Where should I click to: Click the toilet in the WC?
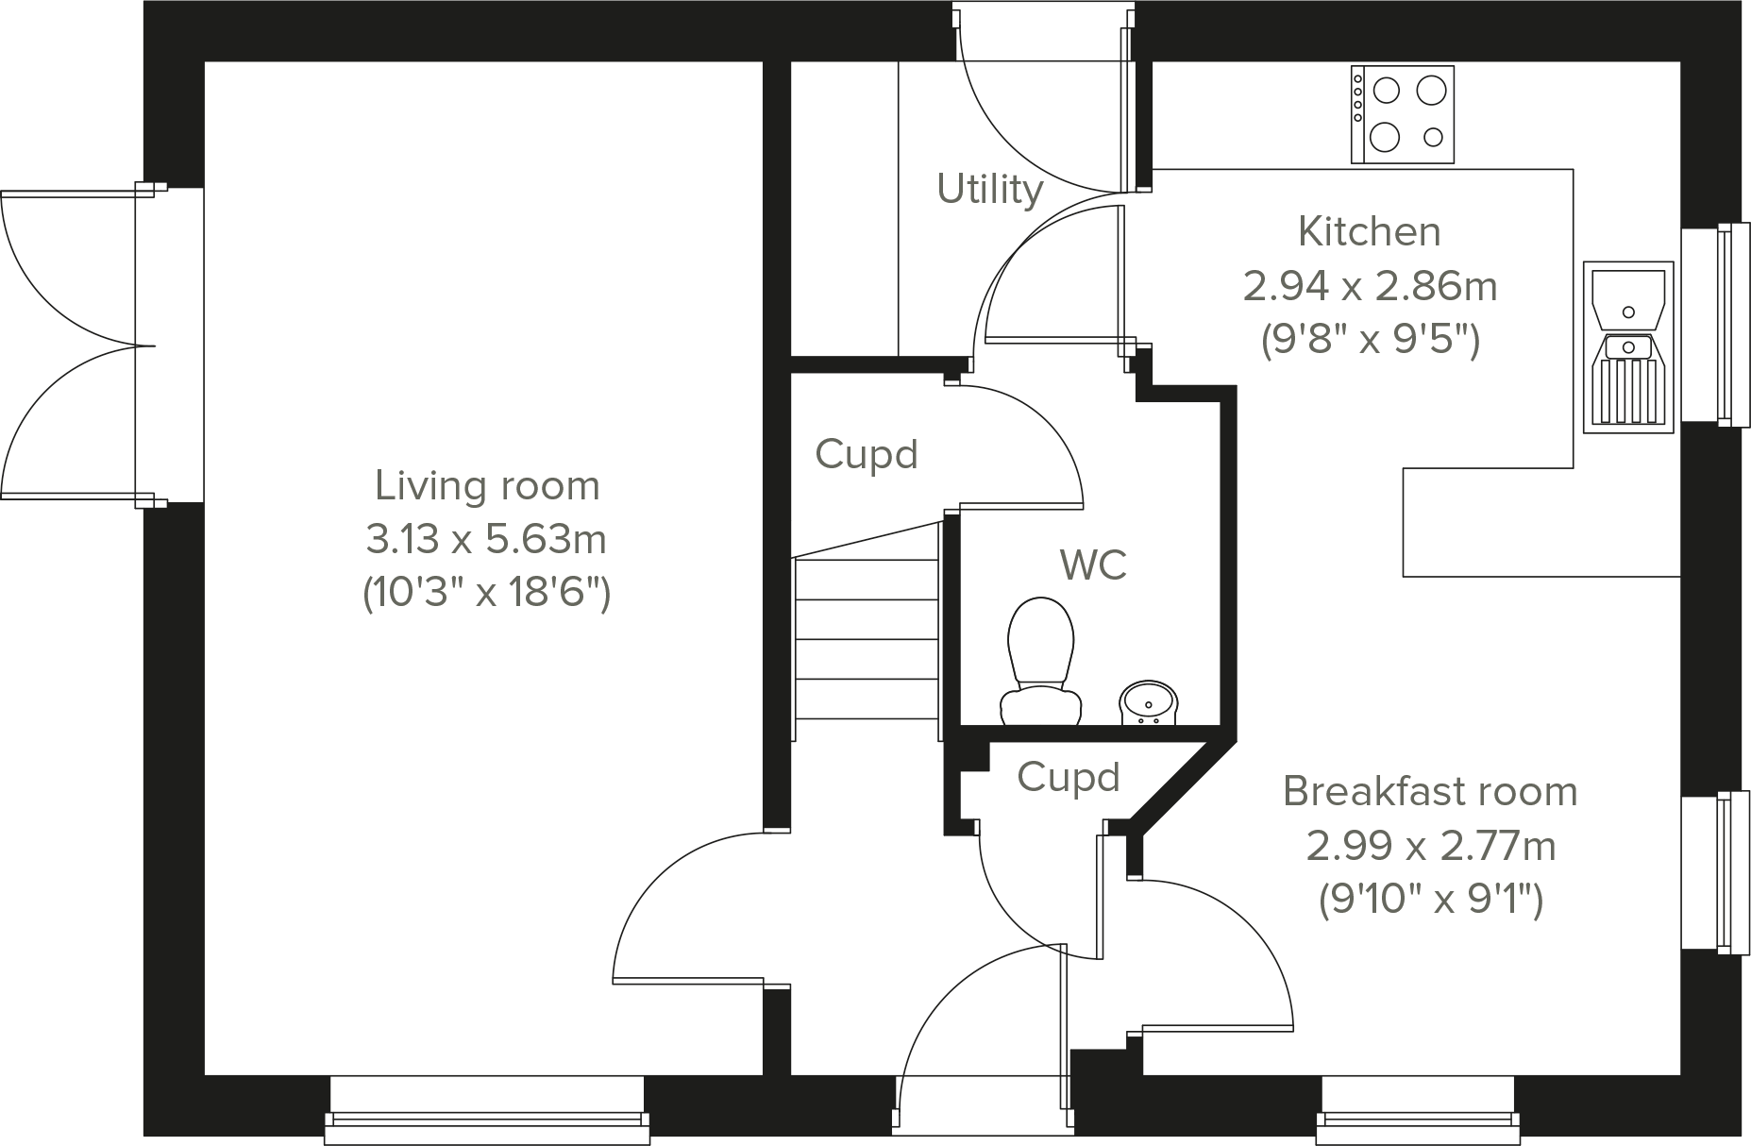pyautogui.click(x=1041, y=661)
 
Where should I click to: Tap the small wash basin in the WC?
pyautogui.click(x=1148, y=703)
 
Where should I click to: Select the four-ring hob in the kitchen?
pyautogui.click(x=1402, y=114)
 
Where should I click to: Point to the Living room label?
pyautogui.click(x=487, y=486)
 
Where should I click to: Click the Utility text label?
pyautogui.click(x=989, y=189)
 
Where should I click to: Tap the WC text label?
pyautogui.click(x=1093, y=565)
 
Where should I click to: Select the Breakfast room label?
pyautogui.click(x=1429, y=791)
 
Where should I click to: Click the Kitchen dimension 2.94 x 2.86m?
pyautogui.click(x=1370, y=285)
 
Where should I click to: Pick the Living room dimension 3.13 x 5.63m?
pyautogui.click(x=486, y=540)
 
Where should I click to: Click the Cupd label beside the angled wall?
pyautogui.click(x=1068, y=777)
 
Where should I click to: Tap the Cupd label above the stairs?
pyautogui.click(x=866, y=454)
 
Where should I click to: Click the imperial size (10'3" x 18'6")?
pyautogui.click(x=486, y=594)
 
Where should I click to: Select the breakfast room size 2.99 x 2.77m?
pyautogui.click(x=1430, y=846)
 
